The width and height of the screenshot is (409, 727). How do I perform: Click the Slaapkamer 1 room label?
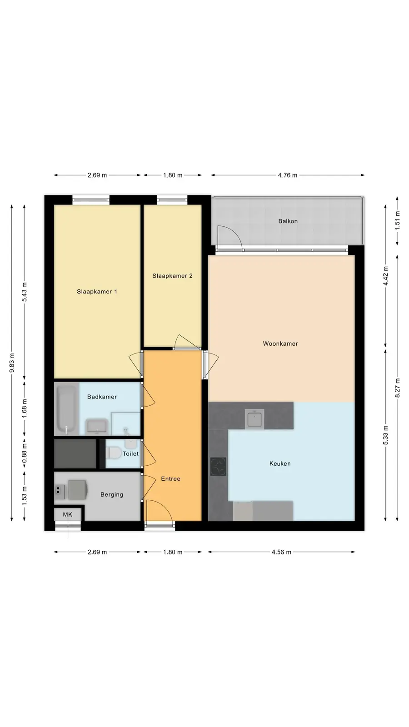click(97, 291)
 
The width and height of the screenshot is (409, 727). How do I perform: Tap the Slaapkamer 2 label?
click(172, 276)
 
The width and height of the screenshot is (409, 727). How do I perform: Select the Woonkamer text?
click(280, 344)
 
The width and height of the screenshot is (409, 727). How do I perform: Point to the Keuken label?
click(280, 463)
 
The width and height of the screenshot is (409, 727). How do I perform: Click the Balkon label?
click(288, 221)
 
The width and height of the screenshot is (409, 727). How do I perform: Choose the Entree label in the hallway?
click(171, 479)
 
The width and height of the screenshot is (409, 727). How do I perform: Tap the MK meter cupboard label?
click(68, 514)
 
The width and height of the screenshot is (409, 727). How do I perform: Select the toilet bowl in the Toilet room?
click(113, 453)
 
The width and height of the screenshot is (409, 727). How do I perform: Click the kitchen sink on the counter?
click(254, 419)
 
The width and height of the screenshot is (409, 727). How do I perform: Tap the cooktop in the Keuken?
click(218, 466)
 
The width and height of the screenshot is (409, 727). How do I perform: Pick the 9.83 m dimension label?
click(12, 363)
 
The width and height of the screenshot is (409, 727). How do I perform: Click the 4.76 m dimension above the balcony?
click(288, 175)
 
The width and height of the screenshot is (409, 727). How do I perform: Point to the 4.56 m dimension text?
click(281, 552)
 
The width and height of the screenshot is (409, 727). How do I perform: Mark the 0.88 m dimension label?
click(25, 454)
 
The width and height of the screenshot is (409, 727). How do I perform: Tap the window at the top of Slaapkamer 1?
click(91, 199)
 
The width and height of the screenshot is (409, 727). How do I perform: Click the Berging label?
click(112, 495)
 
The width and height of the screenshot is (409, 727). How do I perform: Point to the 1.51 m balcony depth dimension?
click(398, 221)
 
